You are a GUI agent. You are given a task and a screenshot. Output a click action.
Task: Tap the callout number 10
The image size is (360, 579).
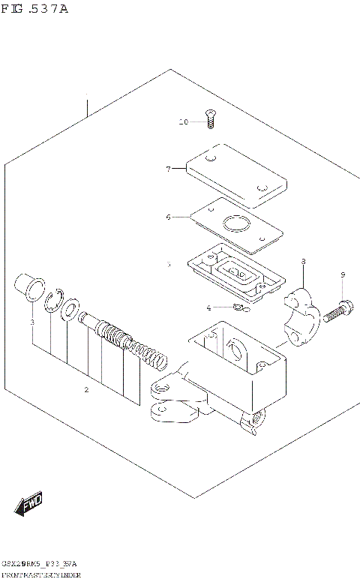pos(184,121)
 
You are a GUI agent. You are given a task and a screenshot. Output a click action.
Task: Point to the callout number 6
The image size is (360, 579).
pos(169,217)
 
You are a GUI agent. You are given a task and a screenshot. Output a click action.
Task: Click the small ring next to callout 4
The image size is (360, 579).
pos(238,307)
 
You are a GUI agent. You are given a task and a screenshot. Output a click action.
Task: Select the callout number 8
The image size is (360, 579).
pos(302,262)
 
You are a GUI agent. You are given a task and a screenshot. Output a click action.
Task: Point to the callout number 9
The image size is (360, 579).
pos(343,275)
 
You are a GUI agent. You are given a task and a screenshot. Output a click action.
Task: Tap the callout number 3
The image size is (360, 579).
pos(32,322)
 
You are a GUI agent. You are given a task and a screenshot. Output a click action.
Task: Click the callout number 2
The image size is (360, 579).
pos(86,390)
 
